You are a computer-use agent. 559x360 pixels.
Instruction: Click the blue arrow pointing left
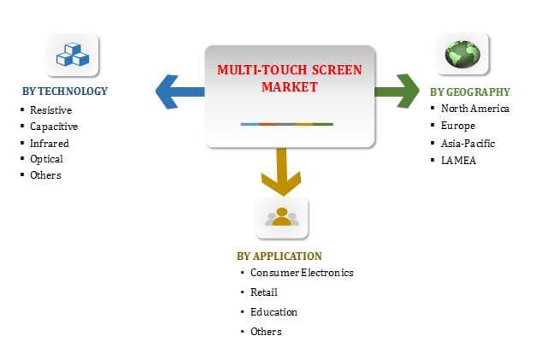(179, 91)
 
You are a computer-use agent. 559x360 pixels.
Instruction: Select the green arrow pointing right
(397, 91)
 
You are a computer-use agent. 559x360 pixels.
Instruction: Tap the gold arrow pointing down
(281, 172)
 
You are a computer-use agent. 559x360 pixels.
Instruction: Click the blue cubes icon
(73, 54)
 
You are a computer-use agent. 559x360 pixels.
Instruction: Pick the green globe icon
(462, 54)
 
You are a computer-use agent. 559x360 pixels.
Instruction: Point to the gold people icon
(282, 216)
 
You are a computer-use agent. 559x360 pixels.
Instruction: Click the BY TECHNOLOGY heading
(65, 91)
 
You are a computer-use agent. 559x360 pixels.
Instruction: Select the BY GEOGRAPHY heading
(470, 92)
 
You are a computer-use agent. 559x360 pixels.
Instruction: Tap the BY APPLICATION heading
(279, 257)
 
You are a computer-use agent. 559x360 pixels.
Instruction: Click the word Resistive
(51, 110)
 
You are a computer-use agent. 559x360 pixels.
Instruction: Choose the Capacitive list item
(54, 127)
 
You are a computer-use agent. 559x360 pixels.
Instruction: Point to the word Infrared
(50, 144)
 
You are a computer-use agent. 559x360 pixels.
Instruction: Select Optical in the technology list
(47, 159)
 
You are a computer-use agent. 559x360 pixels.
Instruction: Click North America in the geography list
(475, 109)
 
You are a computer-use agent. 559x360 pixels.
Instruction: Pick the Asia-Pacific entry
(468, 144)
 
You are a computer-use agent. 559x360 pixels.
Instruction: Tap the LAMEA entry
(458, 161)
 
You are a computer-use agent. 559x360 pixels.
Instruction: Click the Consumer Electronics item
(302, 273)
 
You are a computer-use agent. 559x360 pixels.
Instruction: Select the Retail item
(264, 292)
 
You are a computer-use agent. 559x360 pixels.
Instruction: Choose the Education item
(274, 312)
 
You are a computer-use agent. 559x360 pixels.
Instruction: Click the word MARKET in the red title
(290, 87)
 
